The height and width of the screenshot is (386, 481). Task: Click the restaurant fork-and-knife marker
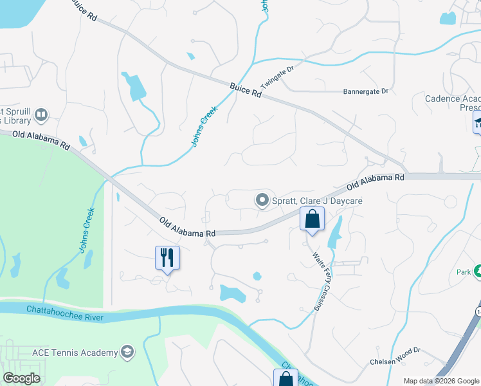click(x=167, y=257)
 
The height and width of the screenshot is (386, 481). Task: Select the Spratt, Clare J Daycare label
click(x=317, y=201)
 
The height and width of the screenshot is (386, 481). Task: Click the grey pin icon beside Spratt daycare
click(x=262, y=201)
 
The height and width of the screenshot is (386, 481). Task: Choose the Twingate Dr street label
click(x=277, y=77)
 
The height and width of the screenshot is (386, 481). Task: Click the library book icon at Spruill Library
click(x=41, y=115)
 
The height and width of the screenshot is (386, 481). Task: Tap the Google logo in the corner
click(x=21, y=378)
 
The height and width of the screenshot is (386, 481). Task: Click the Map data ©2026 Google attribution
click(x=441, y=381)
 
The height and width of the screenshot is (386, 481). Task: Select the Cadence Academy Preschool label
click(x=453, y=104)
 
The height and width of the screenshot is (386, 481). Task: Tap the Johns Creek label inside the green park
click(x=87, y=230)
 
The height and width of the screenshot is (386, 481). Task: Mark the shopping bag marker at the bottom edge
click(x=286, y=379)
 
